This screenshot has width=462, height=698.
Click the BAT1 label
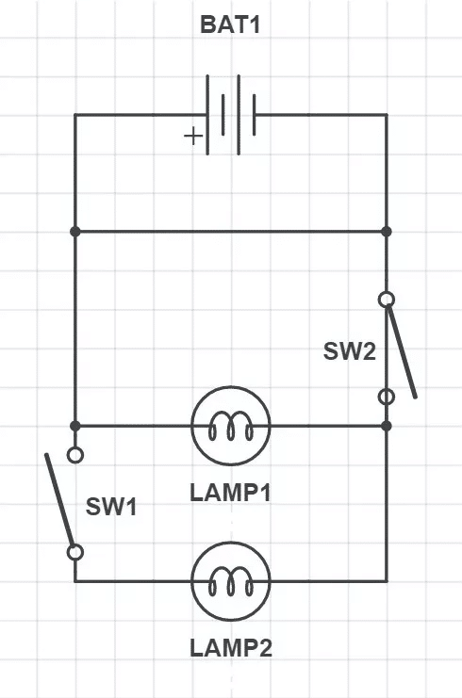[x=230, y=24]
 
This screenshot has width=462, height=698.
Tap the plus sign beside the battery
[x=193, y=136]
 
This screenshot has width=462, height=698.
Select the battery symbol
[x=231, y=115]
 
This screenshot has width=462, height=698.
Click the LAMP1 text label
[x=230, y=493]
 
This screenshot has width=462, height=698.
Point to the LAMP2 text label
[x=231, y=648]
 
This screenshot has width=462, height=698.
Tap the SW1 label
[x=111, y=507]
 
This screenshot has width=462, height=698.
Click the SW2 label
[x=349, y=351]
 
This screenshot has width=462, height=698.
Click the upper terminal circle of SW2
[x=387, y=300]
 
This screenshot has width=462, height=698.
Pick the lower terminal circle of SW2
[x=387, y=397]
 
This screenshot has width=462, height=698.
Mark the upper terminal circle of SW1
[x=75, y=455]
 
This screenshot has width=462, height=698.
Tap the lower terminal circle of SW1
[x=75, y=552]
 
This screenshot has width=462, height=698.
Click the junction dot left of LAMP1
[x=75, y=426]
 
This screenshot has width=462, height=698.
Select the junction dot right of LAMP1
[x=387, y=426]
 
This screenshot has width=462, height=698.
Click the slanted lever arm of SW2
[x=402, y=349]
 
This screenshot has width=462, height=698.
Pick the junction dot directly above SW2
[x=387, y=232]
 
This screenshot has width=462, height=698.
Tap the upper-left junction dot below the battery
[x=75, y=232]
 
